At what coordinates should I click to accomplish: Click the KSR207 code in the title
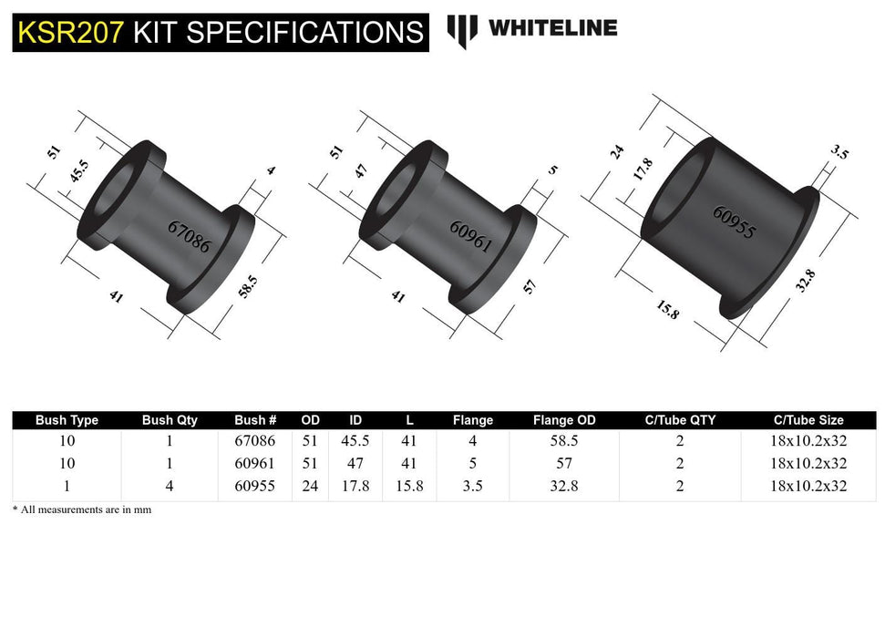(x=70, y=32)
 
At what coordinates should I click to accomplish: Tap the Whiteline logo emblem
(x=462, y=30)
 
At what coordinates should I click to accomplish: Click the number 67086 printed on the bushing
(x=189, y=235)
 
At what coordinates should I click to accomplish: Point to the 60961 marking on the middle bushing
(x=470, y=235)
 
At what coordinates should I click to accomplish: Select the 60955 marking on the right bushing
(x=734, y=222)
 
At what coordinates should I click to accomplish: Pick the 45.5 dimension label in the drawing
(x=78, y=173)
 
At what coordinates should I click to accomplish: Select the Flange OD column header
(x=564, y=420)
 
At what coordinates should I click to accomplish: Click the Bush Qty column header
(x=170, y=420)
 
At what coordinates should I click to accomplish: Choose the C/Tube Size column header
(x=808, y=420)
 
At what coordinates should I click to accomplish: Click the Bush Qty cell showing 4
(x=170, y=486)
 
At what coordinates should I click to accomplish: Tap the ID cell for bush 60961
(x=355, y=463)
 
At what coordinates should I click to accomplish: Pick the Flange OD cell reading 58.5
(x=564, y=440)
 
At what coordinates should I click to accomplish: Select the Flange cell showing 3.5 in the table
(x=472, y=486)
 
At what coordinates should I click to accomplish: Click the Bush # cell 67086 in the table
(x=255, y=440)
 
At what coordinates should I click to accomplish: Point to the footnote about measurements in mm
(x=82, y=509)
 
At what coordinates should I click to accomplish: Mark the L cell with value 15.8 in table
(x=409, y=486)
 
